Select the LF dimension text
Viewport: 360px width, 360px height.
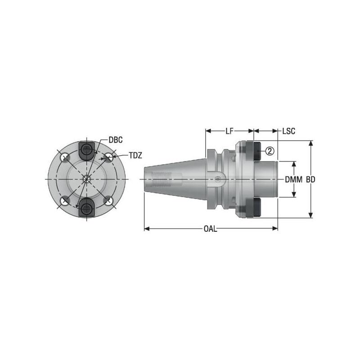point(229,131)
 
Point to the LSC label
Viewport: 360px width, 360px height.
point(288,131)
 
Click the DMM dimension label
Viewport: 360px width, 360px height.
point(293,179)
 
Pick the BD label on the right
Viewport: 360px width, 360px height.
point(310,179)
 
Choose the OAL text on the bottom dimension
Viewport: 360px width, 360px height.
point(210,229)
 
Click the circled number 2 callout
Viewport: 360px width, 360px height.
point(269,151)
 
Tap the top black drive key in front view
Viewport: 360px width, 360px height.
point(85,150)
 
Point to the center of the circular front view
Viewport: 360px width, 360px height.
point(86,179)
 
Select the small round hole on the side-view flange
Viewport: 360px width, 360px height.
point(218,179)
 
